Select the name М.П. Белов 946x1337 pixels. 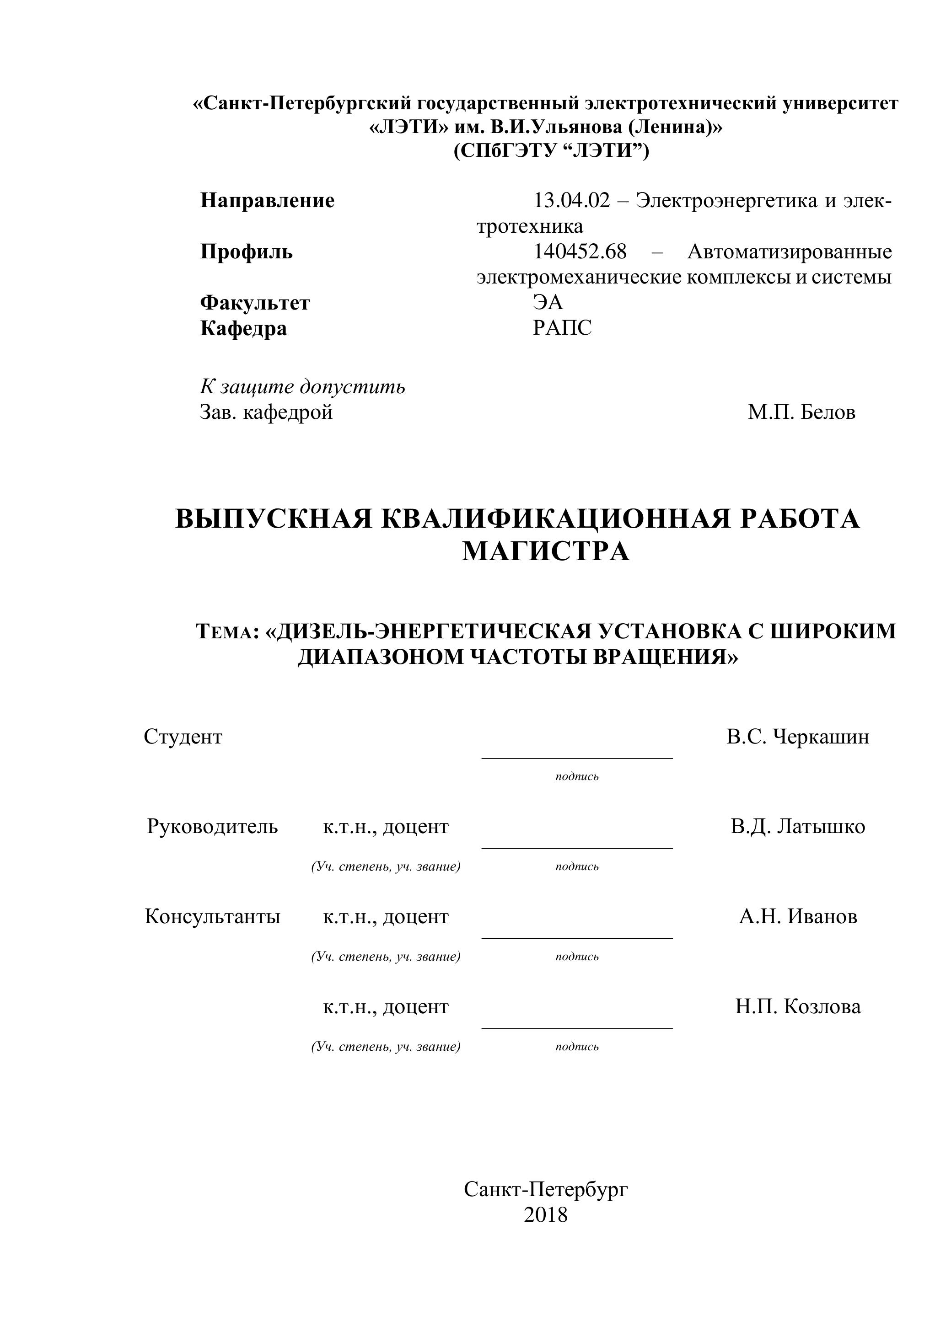[x=801, y=412]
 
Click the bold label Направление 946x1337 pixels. [x=267, y=200]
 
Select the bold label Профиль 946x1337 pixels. [x=247, y=251]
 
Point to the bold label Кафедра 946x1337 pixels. [x=243, y=328]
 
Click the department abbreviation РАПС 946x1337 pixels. [x=562, y=328]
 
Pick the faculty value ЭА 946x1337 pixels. [x=548, y=302]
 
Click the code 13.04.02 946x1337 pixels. [x=571, y=200]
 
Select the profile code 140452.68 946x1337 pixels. [x=580, y=251]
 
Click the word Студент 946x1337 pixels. [x=183, y=737]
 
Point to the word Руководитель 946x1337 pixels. [x=212, y=826]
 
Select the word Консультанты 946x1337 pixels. [x=212, y=917]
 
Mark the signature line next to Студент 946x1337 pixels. [x=577, y=758]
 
